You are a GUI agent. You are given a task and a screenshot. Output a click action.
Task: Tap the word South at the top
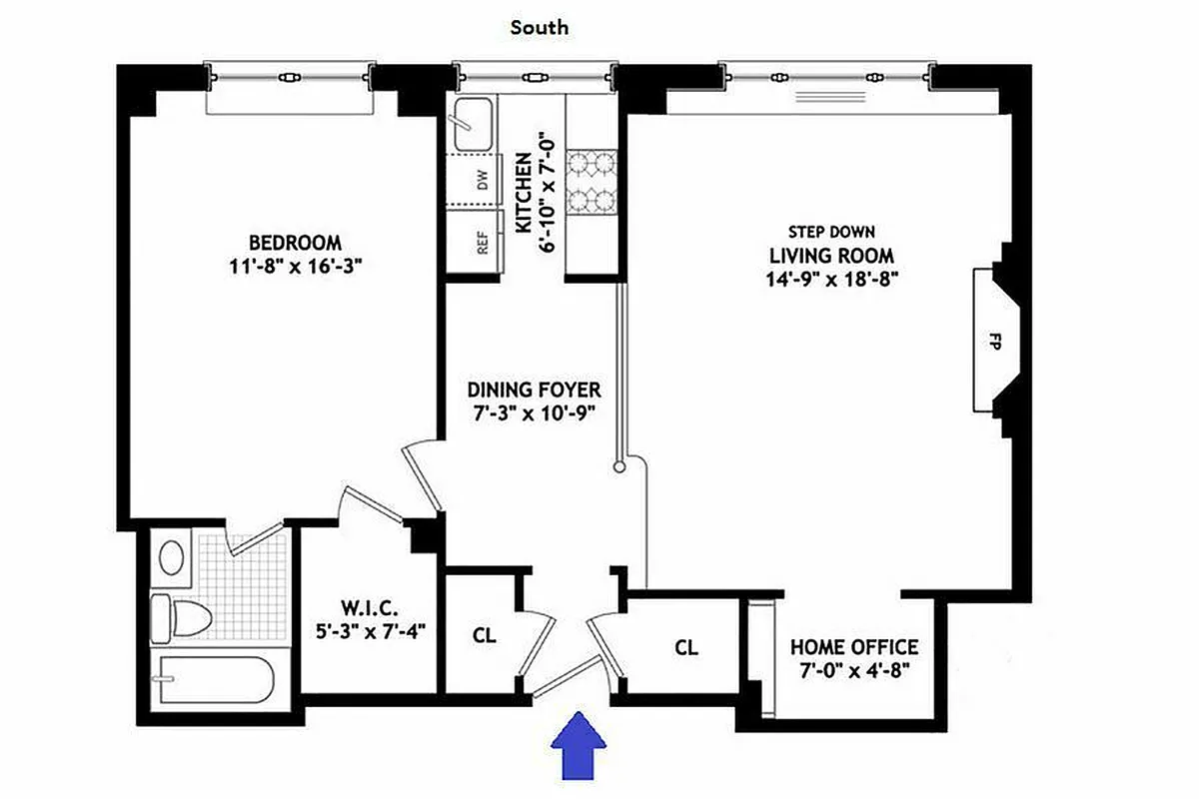click(x=540, y=27)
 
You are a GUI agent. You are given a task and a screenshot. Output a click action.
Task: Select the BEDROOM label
click(x=295, y=243)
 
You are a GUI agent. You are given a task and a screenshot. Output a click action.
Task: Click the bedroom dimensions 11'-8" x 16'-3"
click(x=295, y=267)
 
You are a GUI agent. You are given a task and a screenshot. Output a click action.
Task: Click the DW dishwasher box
click(x=483, y=180)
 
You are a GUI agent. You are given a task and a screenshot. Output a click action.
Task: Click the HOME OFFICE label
click(x=854, y=647)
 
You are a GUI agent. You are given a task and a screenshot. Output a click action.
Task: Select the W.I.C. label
click(x=370, y=606)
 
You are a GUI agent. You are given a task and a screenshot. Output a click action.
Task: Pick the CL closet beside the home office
click(x=686, y=647)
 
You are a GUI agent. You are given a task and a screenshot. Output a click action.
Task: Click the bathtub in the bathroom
click(x=215, y=680)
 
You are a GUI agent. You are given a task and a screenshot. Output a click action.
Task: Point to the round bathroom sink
click(x=171, y=556)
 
